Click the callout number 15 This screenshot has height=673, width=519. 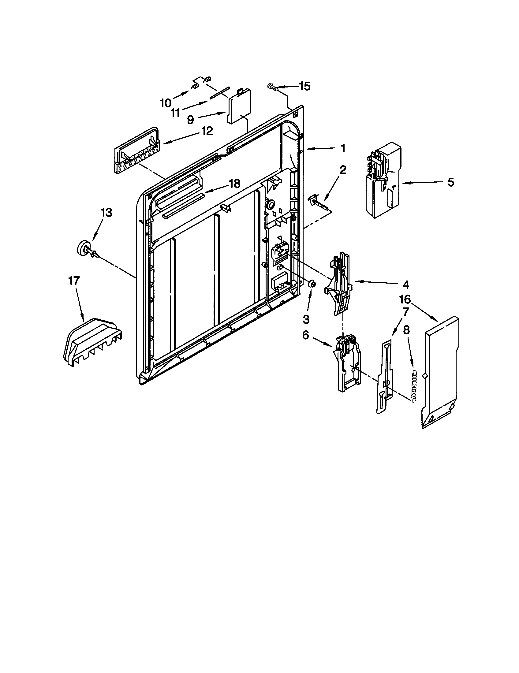click(304, 87)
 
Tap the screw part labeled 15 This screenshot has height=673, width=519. click(273, 87)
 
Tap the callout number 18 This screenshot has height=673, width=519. click(234, 184)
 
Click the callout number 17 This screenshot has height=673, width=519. click(74, 281)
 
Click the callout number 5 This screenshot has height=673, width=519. click(450, 182)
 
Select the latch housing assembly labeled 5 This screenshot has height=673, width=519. click(382, 181)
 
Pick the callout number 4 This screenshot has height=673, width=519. click(406, 285)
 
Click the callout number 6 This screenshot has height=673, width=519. click(305, 335)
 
